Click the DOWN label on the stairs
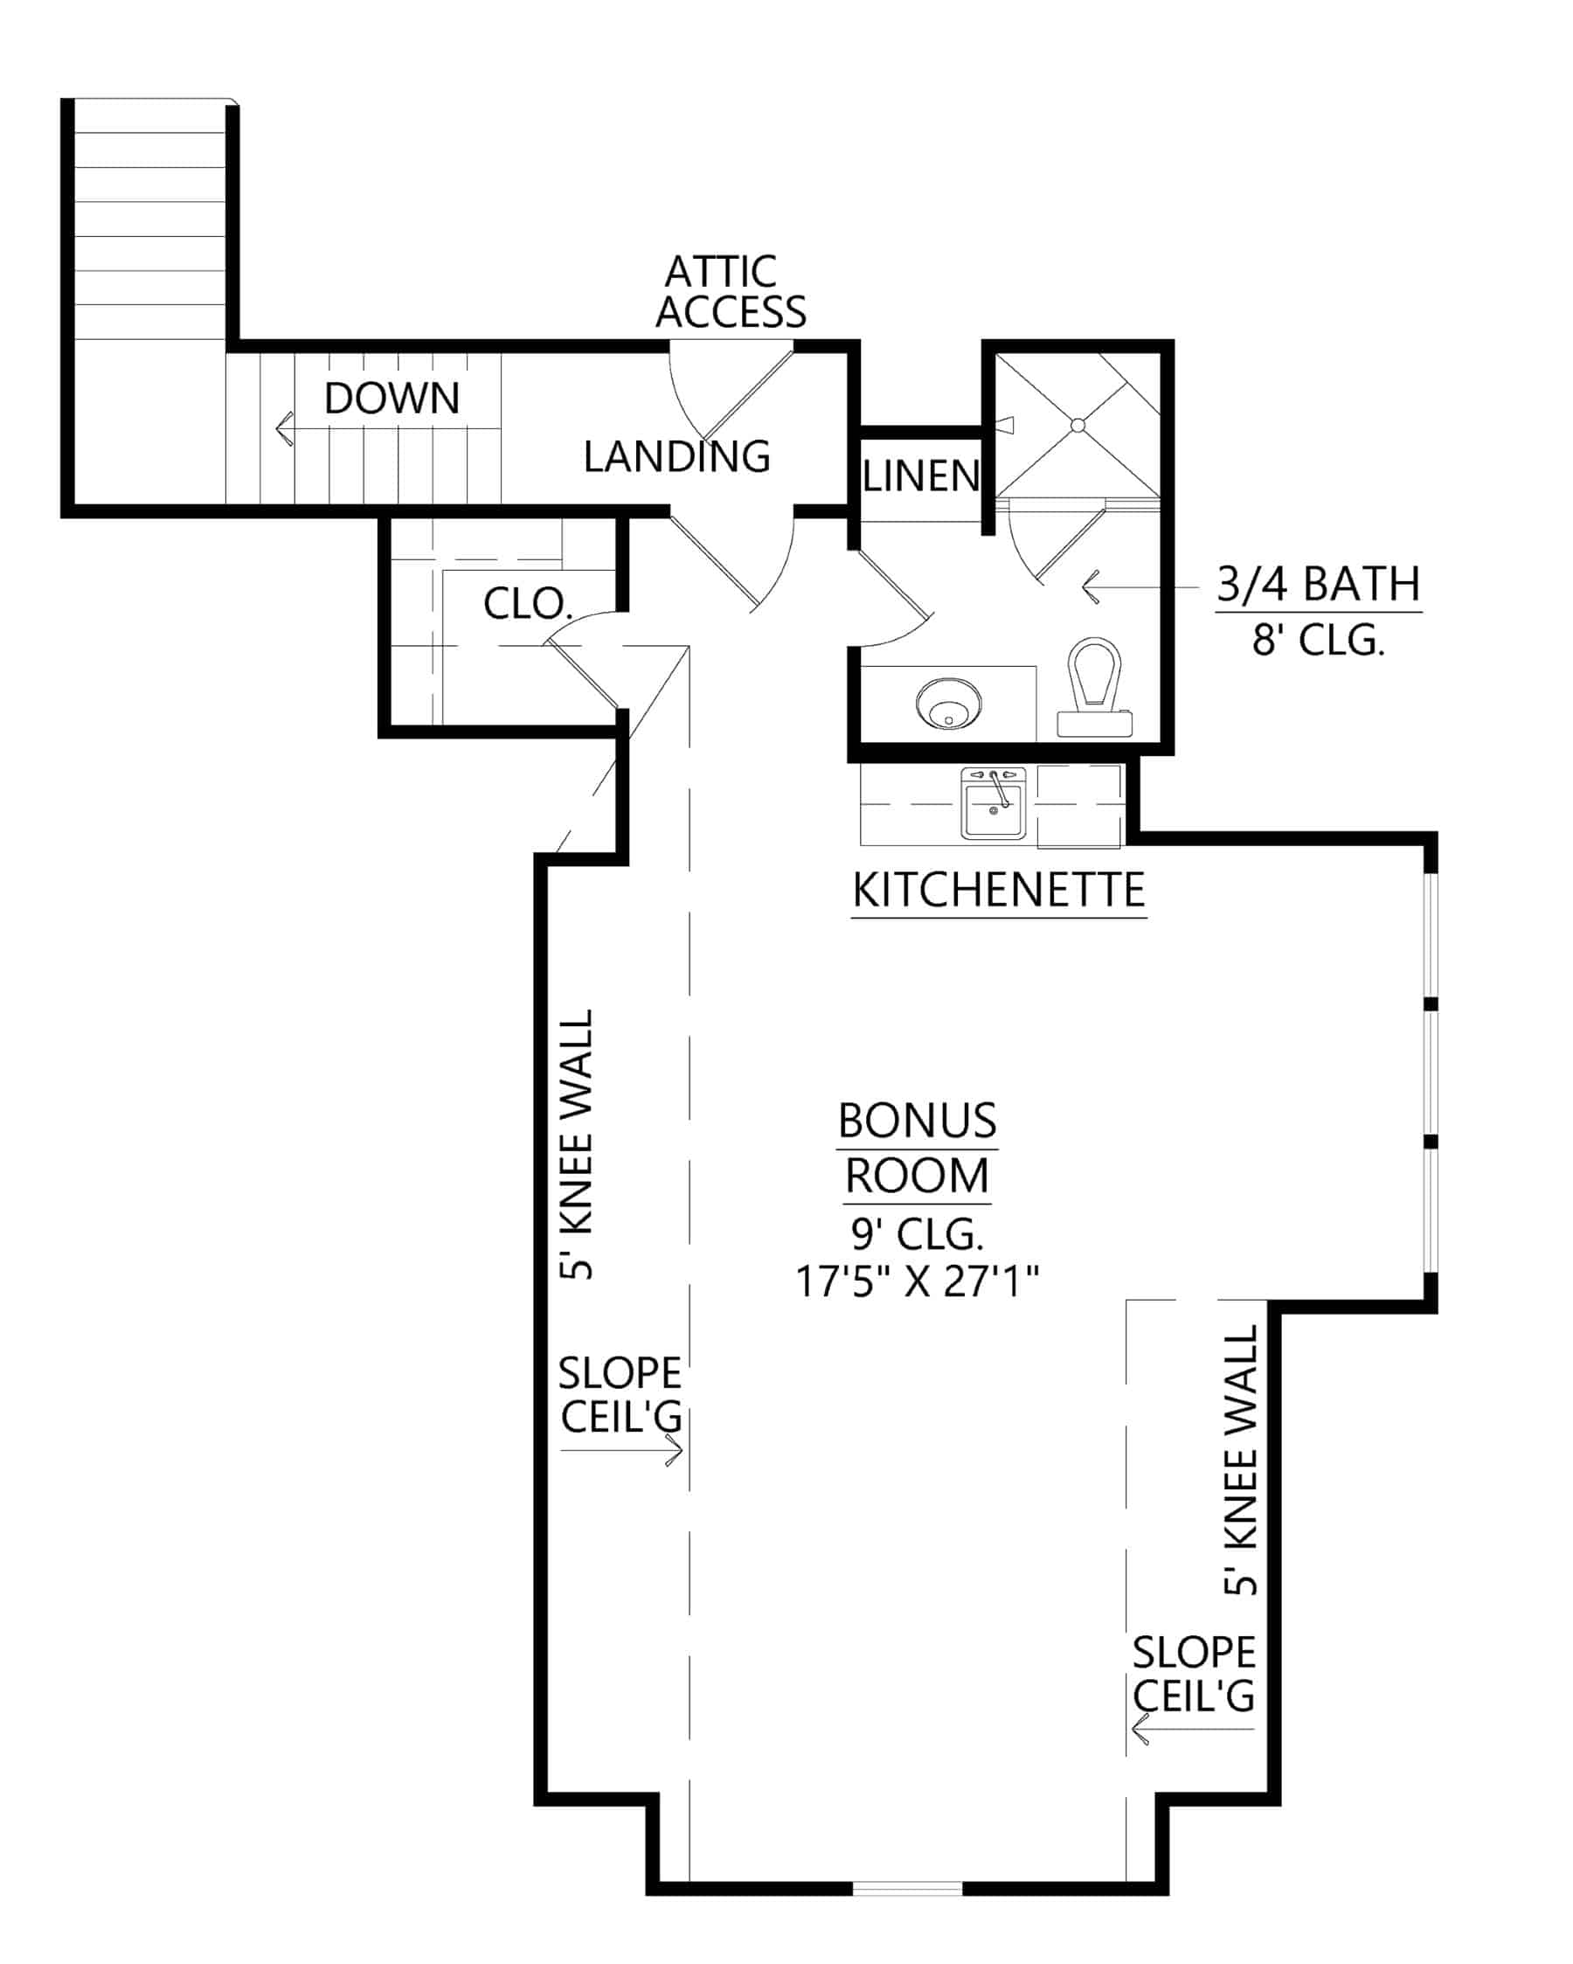coord(392,399)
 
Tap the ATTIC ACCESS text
coord(730,293)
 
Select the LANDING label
coord(676,456)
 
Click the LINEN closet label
coord(920,476)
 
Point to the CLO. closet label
coord(527,604)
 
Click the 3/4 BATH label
coord(1318,585)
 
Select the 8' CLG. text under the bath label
coord(1318,642)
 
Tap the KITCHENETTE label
coord(998,891)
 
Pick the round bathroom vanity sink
coord(948,704)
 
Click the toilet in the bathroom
coord(1094,684)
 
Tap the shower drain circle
coord(1078,426)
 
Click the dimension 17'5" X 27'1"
coord(918,1281)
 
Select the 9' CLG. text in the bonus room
coord(918,1234)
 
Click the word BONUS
coord(918,1121)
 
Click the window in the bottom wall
coord(907,1888)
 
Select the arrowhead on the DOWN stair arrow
coord(282,427)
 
